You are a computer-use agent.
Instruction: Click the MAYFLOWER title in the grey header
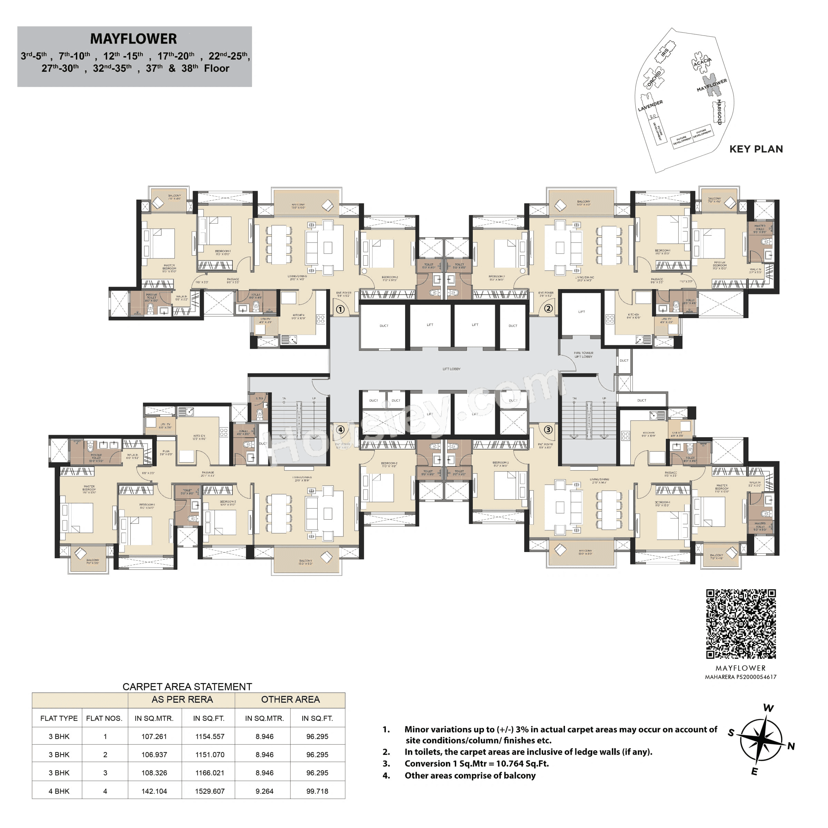tap(133, 39)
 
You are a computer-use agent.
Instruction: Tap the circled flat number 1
tap(340, 309)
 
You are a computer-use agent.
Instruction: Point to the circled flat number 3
tap(548, 430)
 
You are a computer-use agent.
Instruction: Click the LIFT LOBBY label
tap(451, 369)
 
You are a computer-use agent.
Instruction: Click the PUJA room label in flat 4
tap(166, 452)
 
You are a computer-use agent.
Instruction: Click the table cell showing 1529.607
tap(210, 791)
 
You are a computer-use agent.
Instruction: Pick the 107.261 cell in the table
tap(154, 736)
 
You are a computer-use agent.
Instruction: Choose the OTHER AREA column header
tap(290, 699)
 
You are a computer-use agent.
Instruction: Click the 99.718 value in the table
tap(317, 791)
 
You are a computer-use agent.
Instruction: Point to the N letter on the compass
tap(791, 746)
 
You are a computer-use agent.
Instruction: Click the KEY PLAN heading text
tap(756, 149)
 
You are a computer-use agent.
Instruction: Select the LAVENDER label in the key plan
tap(650, 106)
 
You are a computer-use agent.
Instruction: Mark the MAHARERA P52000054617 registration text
tap(740, 677)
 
